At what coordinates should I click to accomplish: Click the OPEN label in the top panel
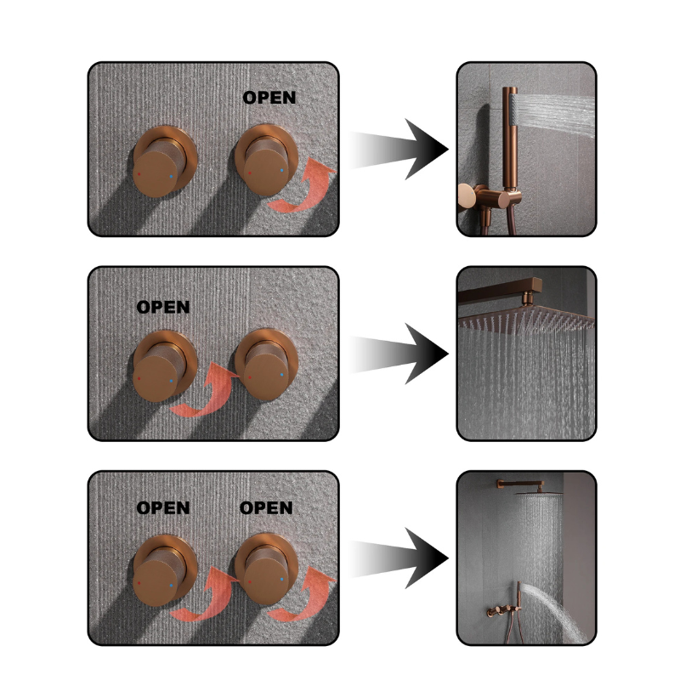[269, 98]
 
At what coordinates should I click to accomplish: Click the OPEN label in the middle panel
[163, 307]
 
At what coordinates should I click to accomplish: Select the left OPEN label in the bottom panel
[163, 507]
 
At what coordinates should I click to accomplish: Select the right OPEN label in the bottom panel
[266, 507]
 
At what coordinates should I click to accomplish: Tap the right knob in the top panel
[266, 161]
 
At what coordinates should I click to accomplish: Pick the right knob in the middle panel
[266, 365]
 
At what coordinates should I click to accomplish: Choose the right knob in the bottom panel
[266, 569]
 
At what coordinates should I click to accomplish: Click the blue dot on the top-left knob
[172, 176]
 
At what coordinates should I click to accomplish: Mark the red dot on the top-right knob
[250, 173]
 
